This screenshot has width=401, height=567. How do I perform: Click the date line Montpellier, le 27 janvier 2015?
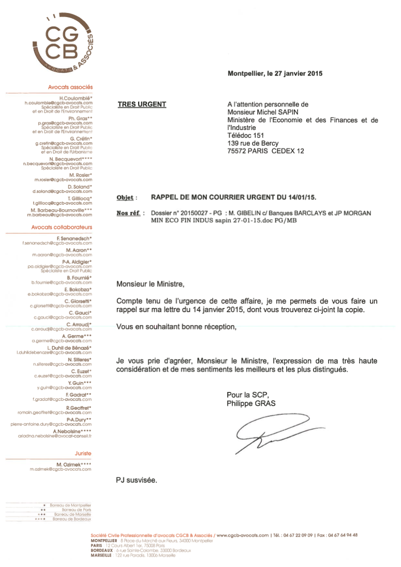coord(275,74)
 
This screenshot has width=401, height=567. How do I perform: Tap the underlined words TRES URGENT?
coord(142,105)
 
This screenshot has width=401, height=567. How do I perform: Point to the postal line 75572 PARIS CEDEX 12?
coord(265,151)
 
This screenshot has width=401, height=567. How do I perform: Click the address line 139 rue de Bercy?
coord(253,143)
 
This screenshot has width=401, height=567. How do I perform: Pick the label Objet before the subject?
coord(126,198)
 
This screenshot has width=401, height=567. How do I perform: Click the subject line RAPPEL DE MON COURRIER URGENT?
coord(233,197)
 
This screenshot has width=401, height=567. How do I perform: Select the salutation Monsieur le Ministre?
coord(150,284)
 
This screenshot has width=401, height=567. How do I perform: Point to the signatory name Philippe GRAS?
coord(251,403)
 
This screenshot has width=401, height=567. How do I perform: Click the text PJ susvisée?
coord(136,480)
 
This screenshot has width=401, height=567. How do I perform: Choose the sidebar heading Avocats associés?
coord(70,88)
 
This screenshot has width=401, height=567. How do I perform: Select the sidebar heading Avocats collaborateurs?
coord(62,227)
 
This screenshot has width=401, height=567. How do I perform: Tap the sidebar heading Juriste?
coord(83,453)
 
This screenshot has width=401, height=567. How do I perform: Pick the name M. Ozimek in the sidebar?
coord(73,464)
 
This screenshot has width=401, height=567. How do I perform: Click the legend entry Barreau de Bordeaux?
coord(72,519)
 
